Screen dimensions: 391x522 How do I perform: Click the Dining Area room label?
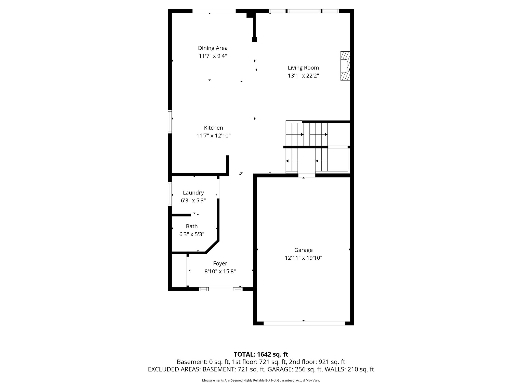213,48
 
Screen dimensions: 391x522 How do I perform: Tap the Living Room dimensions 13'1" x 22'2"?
303,76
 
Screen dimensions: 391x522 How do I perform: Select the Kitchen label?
213,128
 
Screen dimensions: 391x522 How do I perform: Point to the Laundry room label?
193,193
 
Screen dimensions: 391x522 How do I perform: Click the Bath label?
192,226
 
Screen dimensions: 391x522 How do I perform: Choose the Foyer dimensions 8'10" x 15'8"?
220,272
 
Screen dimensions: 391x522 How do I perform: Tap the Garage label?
303,250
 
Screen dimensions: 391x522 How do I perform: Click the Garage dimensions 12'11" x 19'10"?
303,258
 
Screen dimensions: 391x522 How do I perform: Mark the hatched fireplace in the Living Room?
345,66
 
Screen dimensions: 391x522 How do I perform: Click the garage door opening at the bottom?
304,323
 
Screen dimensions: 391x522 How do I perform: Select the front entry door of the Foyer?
220,289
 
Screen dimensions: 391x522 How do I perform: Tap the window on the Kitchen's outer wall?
170,121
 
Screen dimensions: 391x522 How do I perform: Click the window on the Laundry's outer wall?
170,194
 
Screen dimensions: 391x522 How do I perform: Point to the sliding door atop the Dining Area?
214,11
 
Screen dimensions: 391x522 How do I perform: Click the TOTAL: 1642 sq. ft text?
261,354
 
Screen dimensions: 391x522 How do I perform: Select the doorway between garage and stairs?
307,175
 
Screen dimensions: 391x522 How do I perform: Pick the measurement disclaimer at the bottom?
261,380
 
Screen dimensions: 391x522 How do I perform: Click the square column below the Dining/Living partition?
254,39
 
